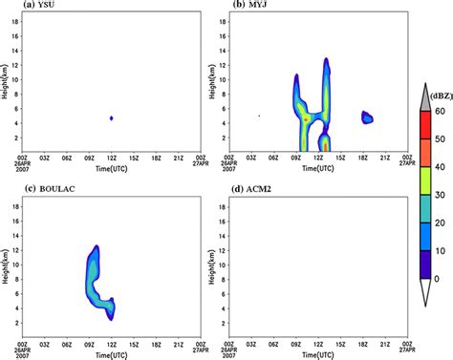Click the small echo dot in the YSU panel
112,117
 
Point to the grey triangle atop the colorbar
425,91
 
